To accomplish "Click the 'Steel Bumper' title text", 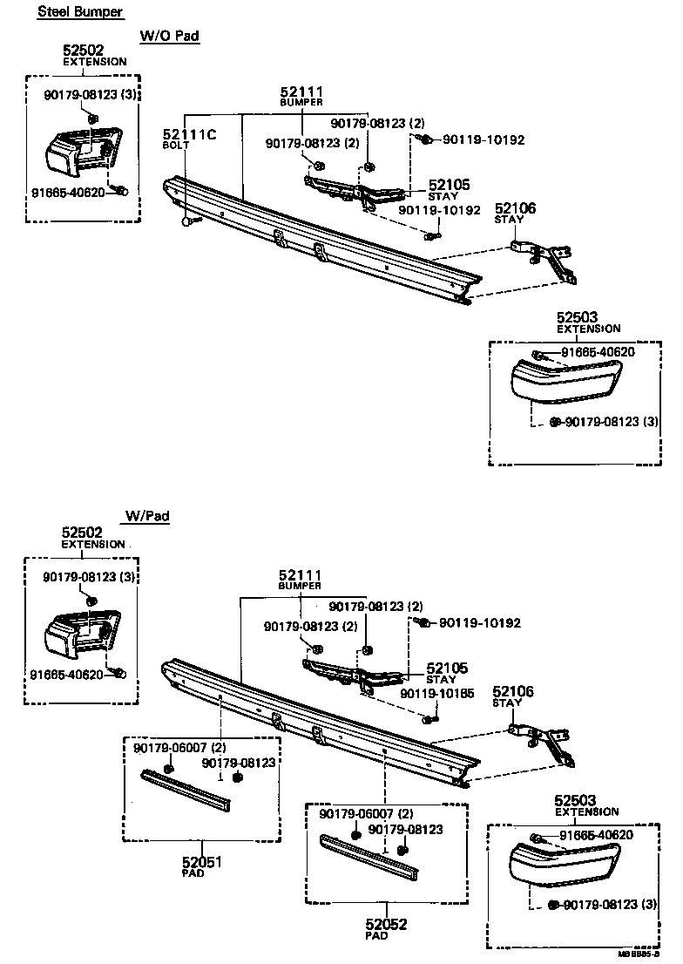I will tap(80, 12).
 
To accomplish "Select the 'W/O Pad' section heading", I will tap(171, 36).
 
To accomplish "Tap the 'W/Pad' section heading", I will tap(147, 516).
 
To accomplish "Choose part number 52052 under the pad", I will tap(386, 924).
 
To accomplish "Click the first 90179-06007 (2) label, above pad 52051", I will tap(180, 748).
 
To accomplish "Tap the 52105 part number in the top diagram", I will tap(448, 185).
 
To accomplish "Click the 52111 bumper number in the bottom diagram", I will tap(301, 575).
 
